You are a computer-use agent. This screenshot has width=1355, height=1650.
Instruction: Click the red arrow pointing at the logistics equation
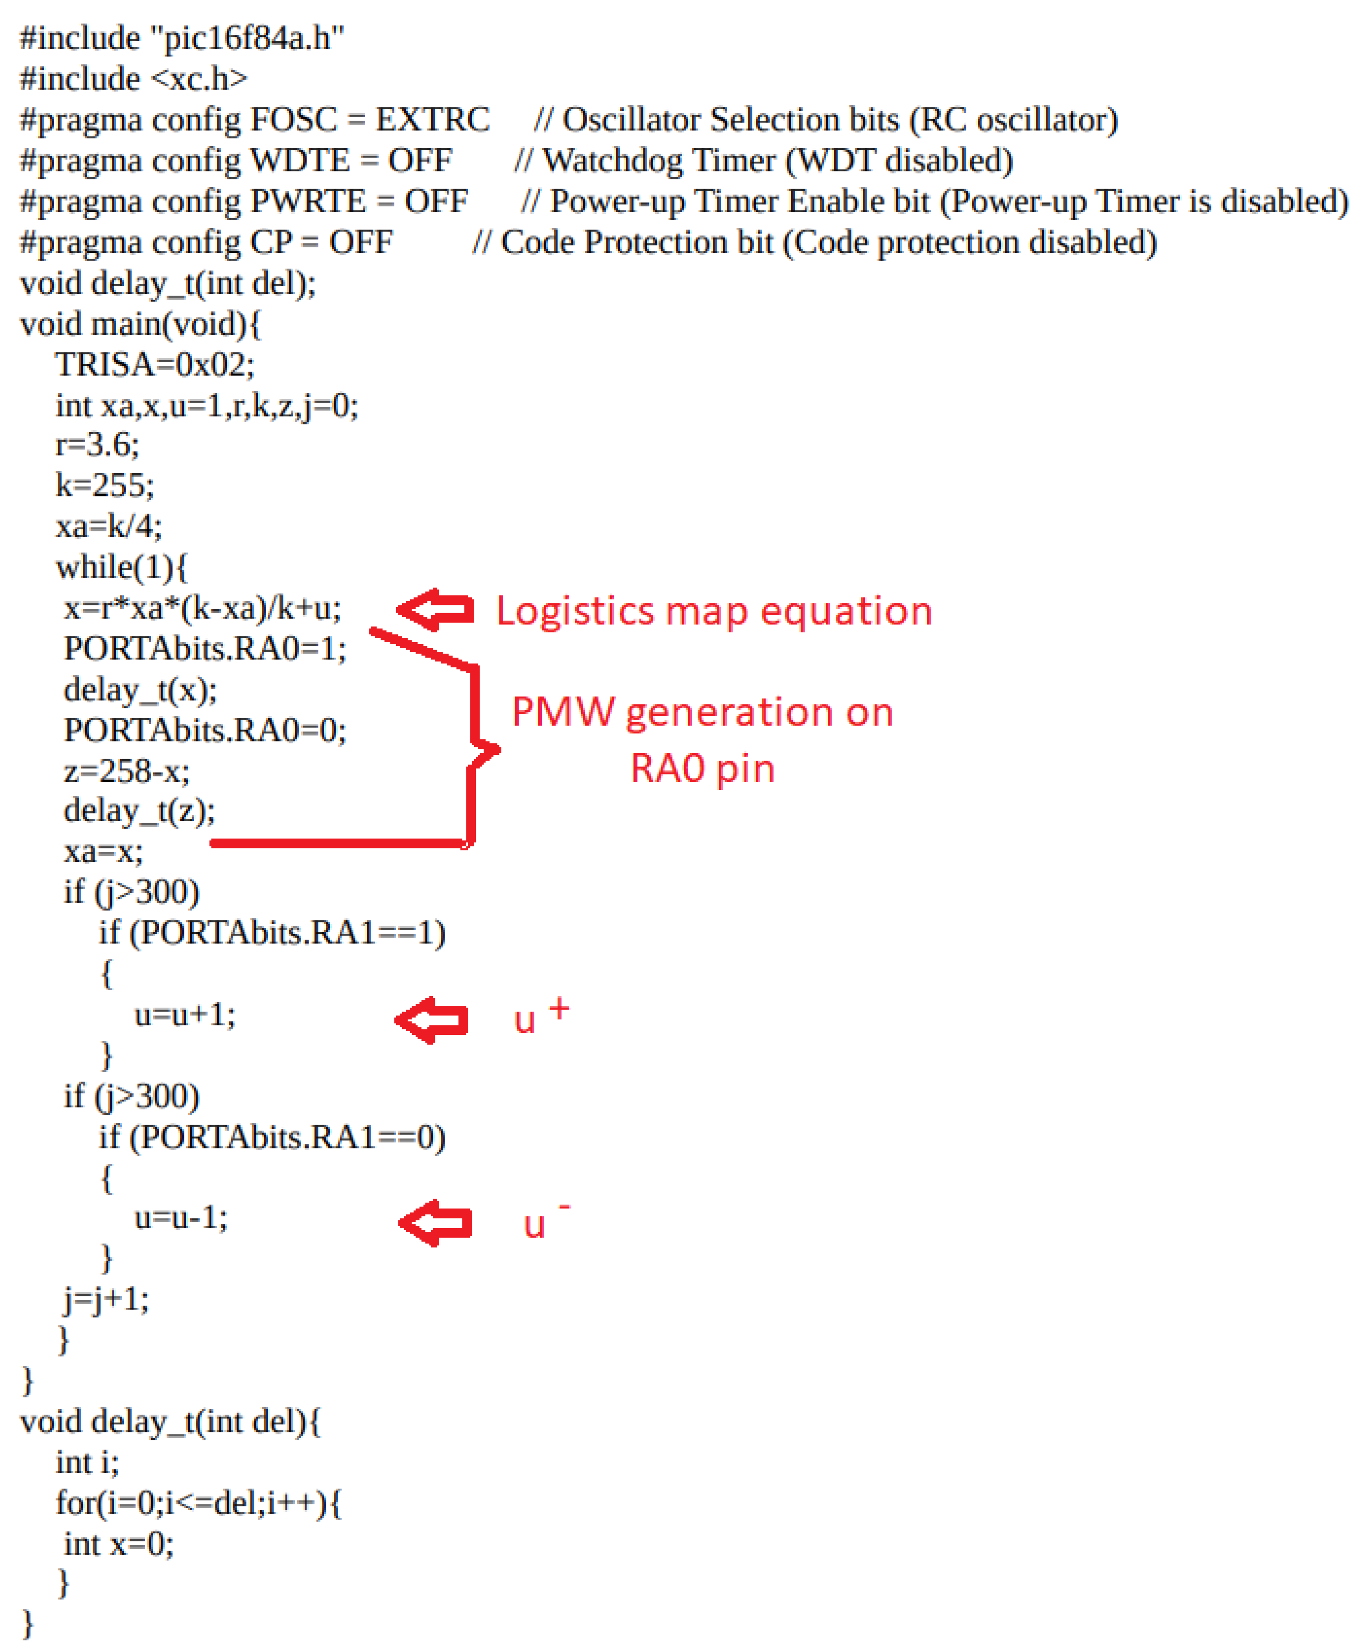point(435,610)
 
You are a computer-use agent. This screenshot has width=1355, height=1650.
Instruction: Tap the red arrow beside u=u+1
point(432,1020)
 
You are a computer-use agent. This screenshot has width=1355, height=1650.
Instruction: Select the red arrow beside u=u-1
point(435,1223)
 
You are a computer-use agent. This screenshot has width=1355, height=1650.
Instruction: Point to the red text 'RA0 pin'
point(702,769)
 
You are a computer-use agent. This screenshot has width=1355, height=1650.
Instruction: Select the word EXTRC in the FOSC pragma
point(432,120)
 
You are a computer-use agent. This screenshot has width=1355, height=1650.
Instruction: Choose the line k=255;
point(104,485)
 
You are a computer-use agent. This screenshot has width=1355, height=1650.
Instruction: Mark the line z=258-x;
point(126,771)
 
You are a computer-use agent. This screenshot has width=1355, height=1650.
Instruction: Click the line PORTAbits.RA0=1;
point(205,649)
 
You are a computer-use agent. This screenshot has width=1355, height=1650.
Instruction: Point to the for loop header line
point(198,1503)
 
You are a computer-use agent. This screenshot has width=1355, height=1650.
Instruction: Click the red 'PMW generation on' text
point(702,713)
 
